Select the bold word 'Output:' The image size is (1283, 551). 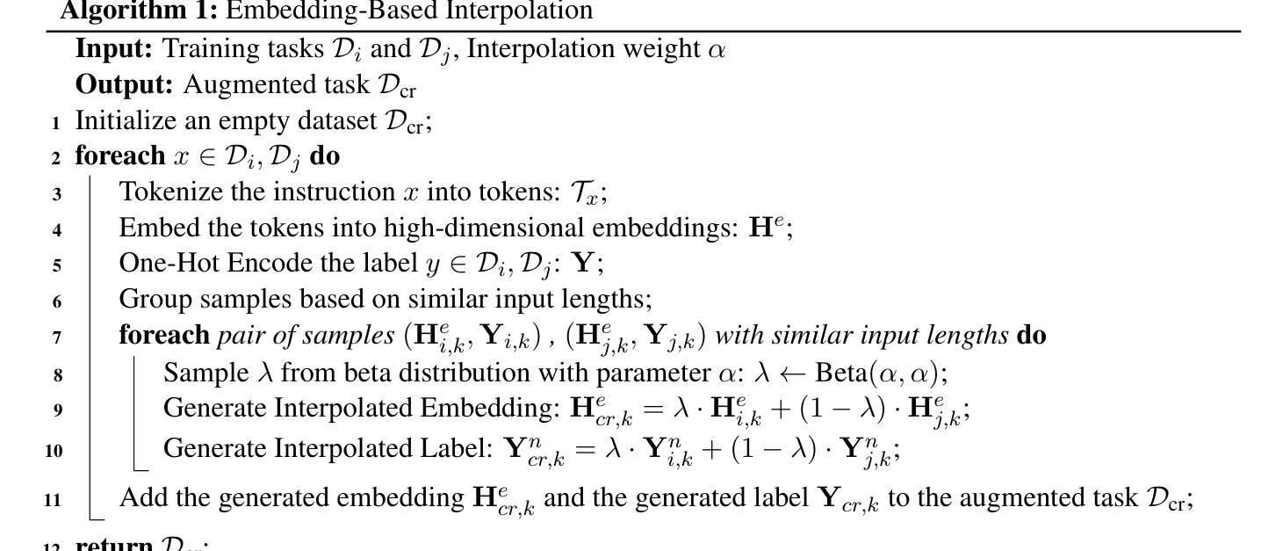125,84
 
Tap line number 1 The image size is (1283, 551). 55,122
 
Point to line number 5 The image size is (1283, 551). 56,265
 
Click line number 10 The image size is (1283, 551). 53,451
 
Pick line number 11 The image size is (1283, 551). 53,500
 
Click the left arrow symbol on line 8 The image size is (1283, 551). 792,373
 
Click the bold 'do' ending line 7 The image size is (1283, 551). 1031,335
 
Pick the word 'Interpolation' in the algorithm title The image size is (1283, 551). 518,11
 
